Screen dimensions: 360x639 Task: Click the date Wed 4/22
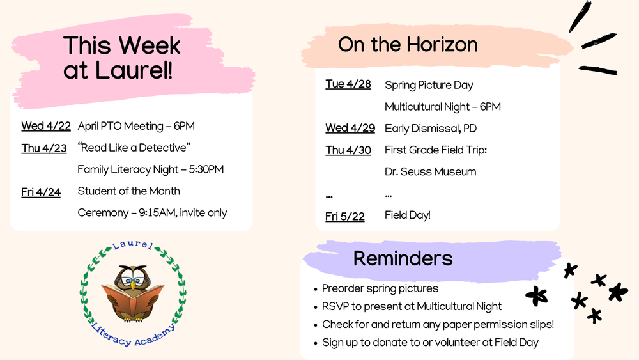(45, 126)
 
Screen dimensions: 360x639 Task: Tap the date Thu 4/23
(43, 148)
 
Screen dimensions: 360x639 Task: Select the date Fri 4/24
(41, 191)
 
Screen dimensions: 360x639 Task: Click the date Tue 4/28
(348, 84)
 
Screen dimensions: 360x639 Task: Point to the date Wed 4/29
(350, 128)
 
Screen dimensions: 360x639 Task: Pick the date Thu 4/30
(348, 150)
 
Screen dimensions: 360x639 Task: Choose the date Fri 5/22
(344, 216)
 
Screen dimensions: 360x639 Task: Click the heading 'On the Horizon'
(408, 44)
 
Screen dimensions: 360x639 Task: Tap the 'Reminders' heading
(403, 258)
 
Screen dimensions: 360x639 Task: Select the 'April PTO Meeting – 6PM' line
(135, 126)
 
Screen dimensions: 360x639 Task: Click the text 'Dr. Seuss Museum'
(430, 171)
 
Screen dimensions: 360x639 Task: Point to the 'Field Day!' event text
(407, 215)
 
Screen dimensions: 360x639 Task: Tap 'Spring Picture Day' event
(429, 85)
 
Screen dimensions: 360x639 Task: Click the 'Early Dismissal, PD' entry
(430, 128)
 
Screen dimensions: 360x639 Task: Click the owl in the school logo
(133, 281)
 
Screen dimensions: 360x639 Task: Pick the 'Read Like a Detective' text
(134, 148)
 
